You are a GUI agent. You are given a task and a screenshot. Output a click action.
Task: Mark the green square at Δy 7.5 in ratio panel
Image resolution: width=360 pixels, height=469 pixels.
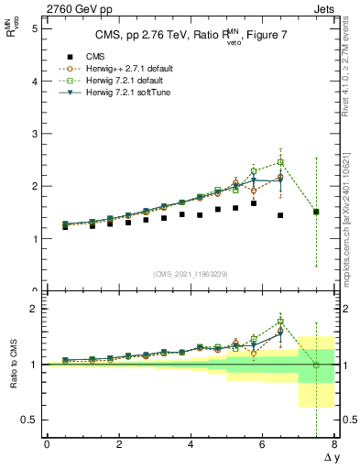316,365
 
